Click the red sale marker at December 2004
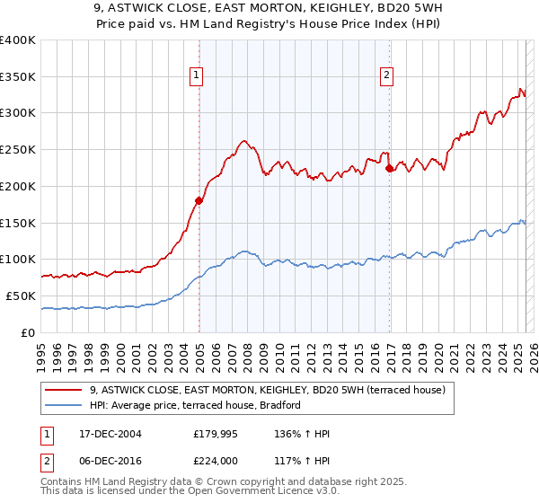(199, 200)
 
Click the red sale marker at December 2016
(389, 168)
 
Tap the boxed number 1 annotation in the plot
(196, 75)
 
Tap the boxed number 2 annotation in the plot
(386, 75)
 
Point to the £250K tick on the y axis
(18, 150)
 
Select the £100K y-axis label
(18, 260)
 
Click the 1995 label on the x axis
(41, 351)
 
